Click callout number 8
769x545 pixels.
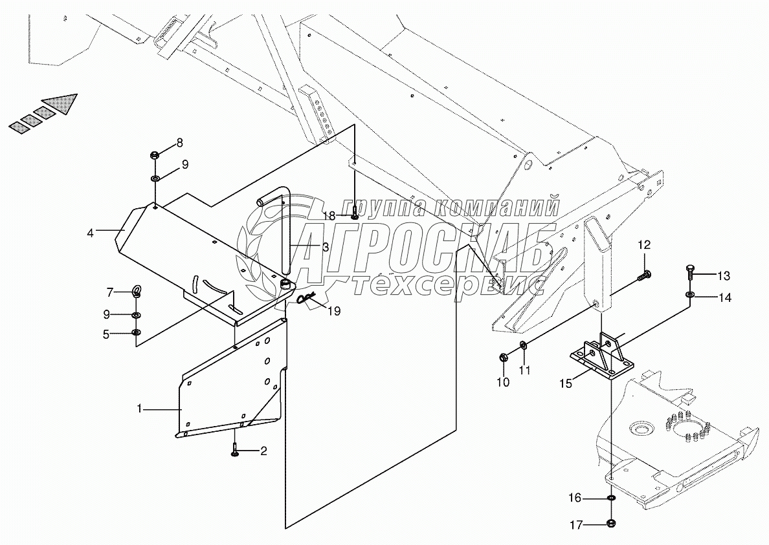179,143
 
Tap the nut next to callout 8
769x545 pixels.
155,155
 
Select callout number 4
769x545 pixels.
91,231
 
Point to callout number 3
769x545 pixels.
325,246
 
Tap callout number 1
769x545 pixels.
139,409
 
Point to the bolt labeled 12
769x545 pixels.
644,275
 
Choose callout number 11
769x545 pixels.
526,370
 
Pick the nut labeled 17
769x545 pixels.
611,524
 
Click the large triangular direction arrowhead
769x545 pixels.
61,103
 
